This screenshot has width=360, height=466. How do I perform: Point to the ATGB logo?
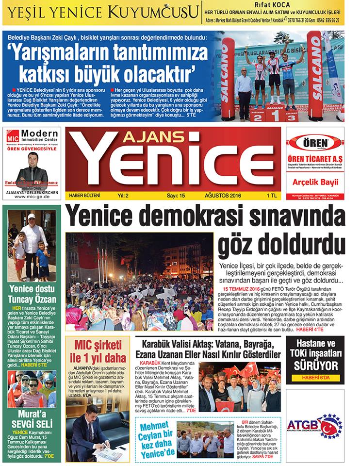pyautogui.click(x=315, y=424)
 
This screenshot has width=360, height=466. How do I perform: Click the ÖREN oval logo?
pyautogui.click(x=315, y=143)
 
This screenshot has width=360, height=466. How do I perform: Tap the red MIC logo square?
pyautogui.click(x=13, y=137)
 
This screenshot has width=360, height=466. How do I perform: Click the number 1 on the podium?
pyautogui.click(x=275, y=115)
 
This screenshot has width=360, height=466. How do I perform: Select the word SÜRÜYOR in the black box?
pyautogui.click(x=315, y=365)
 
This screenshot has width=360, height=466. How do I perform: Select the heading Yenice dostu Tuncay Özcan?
pyautogui.click(x=33, y=294)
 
